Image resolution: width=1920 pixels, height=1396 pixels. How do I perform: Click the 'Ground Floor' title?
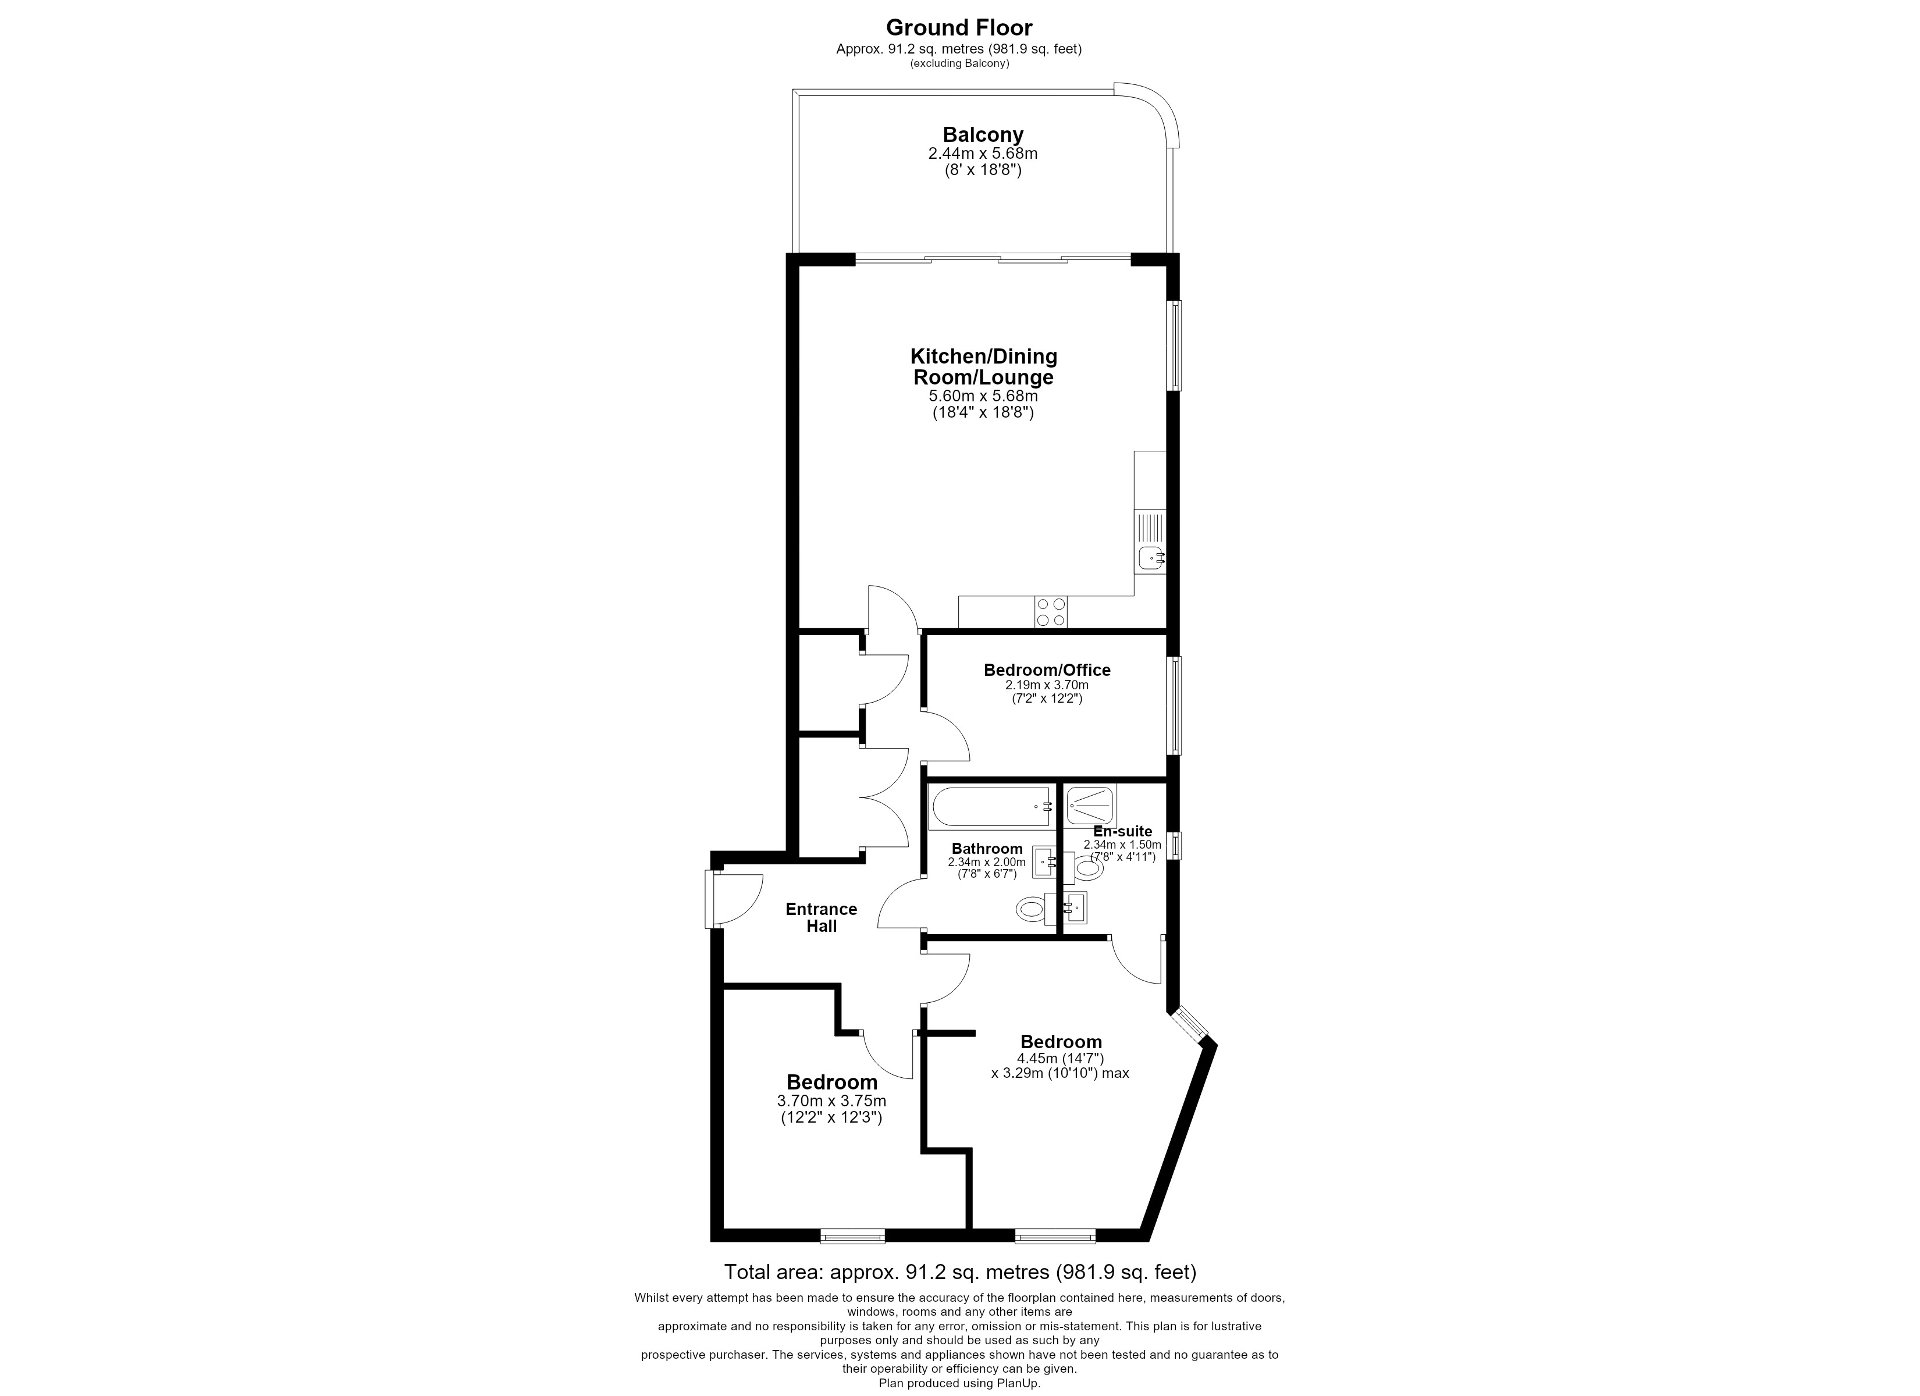click(959, 28)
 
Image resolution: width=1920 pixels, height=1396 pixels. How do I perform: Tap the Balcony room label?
click(983, 134)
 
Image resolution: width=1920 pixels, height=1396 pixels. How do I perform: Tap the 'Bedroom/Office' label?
click(1047, 669)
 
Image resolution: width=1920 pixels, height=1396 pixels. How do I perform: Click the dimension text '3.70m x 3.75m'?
click(831, 1102)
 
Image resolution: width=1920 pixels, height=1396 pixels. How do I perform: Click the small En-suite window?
click(1174, 846)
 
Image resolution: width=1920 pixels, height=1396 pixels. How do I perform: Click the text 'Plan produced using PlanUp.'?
click(959, 1383)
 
